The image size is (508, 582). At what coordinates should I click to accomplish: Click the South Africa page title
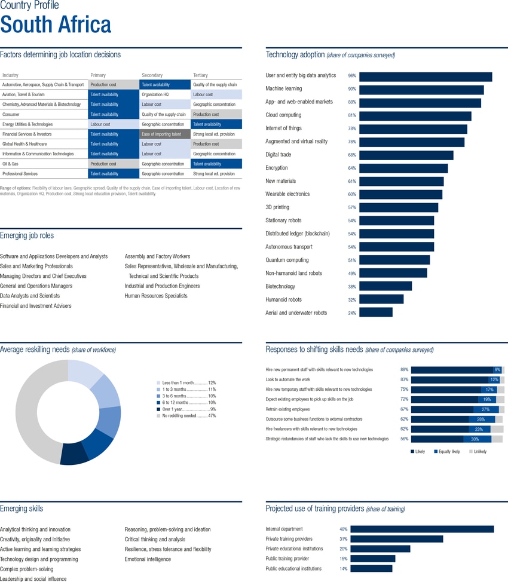(56, 25)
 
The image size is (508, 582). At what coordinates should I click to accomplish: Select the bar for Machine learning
(421, 90)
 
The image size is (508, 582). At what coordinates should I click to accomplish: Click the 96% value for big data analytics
(352, 76)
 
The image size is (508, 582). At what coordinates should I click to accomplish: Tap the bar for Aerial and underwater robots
(375, 313)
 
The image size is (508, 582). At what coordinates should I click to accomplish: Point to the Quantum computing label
(287, 260)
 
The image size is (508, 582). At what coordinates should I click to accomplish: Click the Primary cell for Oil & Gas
(113, 164)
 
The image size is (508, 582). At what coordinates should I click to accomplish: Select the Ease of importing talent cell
(165, 134)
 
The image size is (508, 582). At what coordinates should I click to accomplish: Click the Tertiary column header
(200, 75)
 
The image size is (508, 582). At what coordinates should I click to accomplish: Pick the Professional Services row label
(20, 174)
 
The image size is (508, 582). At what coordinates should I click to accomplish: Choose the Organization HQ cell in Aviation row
(165, 94)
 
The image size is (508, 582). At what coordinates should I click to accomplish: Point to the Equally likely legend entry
(448, 452)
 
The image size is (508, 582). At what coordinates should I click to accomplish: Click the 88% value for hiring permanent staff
(404, 370)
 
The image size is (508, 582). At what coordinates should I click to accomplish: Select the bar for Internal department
(422, 529)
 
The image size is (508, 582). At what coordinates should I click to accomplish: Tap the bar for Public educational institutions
(371, 569)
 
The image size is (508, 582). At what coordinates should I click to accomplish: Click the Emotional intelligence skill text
(148, 559)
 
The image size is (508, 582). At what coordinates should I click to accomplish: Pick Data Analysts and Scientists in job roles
(30, 296)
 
